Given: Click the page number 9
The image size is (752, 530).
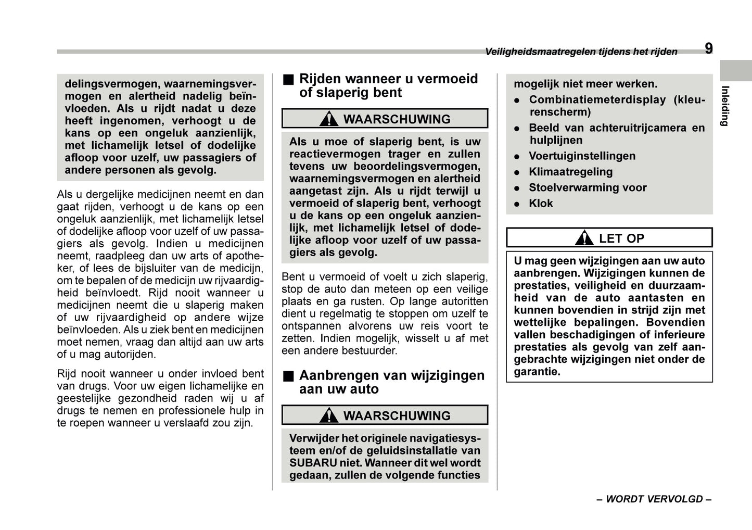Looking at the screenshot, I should (709, 49).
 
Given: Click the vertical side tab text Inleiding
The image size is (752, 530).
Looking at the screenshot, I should (724, 106).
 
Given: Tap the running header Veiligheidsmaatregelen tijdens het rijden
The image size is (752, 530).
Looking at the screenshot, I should (581, 52).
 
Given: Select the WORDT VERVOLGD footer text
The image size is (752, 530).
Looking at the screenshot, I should (654, 499).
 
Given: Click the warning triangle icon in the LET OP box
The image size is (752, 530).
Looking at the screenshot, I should (584, 238).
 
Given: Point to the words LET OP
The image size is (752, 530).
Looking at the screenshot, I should (621, 238).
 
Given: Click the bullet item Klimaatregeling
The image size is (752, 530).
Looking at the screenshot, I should (570, 172).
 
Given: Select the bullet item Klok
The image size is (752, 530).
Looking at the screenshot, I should (541, 204).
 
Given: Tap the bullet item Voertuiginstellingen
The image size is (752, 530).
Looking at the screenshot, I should (582, 156).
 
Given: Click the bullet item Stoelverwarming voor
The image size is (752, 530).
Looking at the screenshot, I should (588, 188).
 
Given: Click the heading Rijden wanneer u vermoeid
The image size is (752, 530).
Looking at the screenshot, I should (388, 79).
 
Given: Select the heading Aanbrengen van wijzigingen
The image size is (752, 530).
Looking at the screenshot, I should (391, 375).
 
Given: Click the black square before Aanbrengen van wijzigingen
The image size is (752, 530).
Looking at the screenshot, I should (288, 376).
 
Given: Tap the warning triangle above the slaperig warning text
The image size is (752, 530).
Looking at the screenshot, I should (329, 119).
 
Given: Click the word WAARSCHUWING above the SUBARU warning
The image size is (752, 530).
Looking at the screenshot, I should (397, 416).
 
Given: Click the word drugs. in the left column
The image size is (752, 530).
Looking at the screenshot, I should (71, 411).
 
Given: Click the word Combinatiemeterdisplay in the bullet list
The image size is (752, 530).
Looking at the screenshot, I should (597, 100).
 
